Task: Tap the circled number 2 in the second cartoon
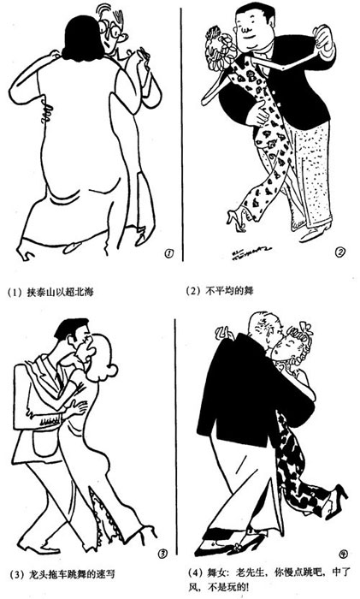(x=340, y=252)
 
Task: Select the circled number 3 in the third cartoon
(x=162, y=553)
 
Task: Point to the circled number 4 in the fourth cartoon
(x=342, y=553)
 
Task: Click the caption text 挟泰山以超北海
(x=61, y=293)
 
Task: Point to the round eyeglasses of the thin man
(x=109, y=32)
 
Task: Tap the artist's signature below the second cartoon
(x=251, y=252)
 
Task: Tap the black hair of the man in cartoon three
(x=71, y=329)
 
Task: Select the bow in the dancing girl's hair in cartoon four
(x=305, y=329)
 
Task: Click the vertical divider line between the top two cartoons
(x=182, y=134)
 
